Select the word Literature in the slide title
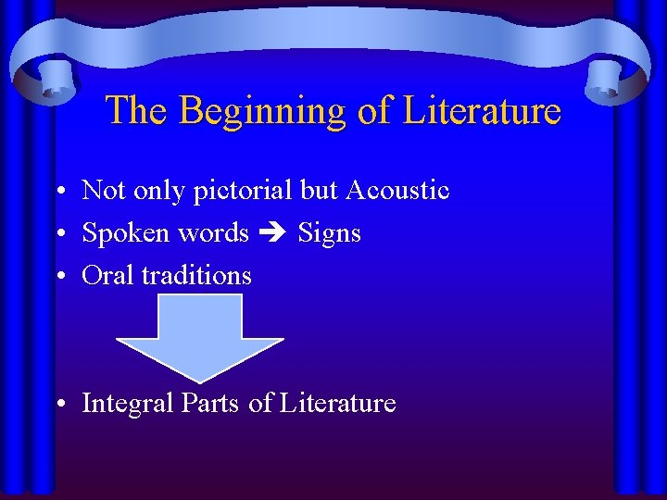(482, 110)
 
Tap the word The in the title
(138, 110)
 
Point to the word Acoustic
(396, 191)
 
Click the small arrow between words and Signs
(273, 233)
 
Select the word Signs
(329, 233)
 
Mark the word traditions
(196, 275)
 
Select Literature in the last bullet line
(337, 404)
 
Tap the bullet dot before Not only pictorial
(58, 193)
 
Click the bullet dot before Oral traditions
(58, 277)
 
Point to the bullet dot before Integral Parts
(58, 406)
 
